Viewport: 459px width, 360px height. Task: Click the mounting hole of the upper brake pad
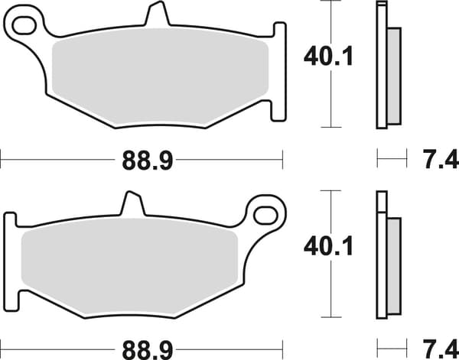(24, 25)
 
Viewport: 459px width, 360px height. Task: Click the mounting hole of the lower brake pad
(265, 216)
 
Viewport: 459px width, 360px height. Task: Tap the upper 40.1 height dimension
(329, 57)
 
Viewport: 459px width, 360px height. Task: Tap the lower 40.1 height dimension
(329, 247)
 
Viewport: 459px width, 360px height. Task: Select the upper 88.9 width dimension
(148, 161)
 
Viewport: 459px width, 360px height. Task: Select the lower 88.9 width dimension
(148, 350)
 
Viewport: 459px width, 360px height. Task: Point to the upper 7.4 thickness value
(441, 160)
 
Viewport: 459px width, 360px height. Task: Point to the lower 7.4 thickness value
(441, 349)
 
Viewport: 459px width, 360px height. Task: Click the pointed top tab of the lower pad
(133, 203)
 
